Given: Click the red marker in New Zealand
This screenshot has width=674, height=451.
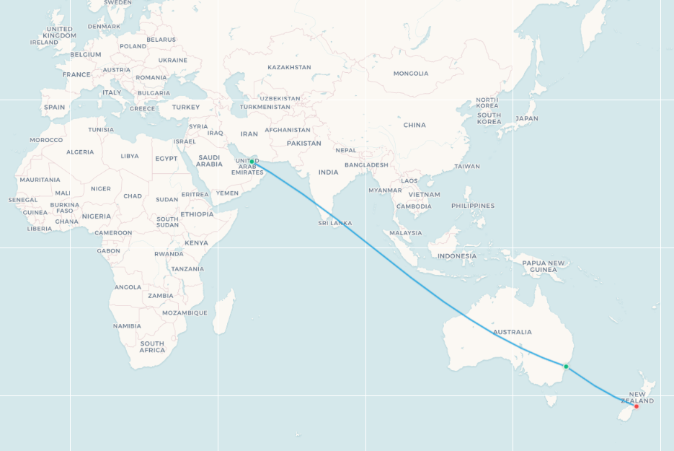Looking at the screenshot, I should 636,406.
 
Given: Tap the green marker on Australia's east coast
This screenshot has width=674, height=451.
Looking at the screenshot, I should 566,367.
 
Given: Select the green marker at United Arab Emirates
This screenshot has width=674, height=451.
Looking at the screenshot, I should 252,162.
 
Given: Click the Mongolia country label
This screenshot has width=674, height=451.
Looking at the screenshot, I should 411,74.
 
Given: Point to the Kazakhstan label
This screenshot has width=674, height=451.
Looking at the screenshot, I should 289,67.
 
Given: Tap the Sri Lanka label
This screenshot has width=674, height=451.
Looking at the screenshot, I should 335,223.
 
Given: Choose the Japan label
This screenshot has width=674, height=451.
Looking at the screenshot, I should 527,118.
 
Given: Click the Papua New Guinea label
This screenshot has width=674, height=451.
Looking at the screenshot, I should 544,266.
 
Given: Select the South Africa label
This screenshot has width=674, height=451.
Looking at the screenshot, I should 152,347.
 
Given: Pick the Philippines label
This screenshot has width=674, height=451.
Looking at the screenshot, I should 473,206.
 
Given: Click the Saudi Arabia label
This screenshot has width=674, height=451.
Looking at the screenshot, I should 209,160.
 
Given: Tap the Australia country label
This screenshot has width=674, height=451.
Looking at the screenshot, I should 513,332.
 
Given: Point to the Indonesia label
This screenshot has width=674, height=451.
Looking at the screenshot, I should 457,255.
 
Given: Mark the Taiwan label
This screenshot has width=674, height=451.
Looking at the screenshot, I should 467,166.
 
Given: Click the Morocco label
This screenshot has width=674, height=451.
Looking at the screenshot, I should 47,139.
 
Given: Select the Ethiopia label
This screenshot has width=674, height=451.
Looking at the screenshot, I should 197,214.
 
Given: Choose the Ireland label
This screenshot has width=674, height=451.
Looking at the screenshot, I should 44,43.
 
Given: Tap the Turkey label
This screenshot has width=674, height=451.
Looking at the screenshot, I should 185,107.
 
